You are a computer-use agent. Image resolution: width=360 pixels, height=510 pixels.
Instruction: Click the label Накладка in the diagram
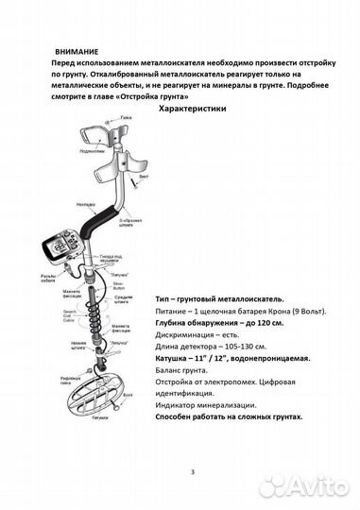(89, 201)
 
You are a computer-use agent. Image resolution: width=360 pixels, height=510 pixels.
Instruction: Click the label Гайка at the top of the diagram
(125, 119)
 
